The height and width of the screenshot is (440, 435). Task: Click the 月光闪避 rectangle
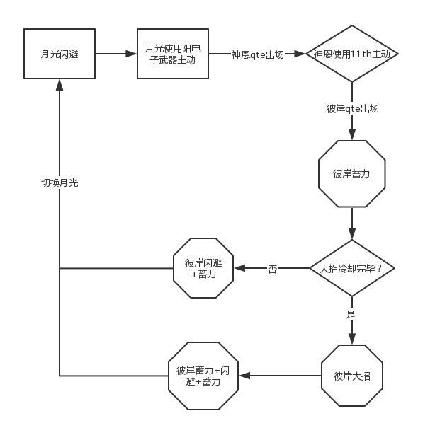(60, 54)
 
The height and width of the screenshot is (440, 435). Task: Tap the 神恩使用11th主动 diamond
(352, 54)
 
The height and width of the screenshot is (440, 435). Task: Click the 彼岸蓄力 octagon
(352, 174)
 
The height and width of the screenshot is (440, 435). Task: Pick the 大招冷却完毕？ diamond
(352, 268)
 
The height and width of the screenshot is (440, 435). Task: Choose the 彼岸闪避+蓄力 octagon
(203, 268)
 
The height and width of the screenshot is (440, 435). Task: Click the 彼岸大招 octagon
(352, 376)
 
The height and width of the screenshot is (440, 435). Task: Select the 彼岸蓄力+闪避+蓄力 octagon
(203, 376)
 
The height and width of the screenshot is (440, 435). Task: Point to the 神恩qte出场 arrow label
(257, 54)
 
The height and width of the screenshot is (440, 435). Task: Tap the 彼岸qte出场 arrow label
(352, 109)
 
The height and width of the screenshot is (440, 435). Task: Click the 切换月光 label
(60, 183)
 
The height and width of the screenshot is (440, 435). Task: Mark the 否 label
(273, 269)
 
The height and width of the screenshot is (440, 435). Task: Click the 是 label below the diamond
(351, 314)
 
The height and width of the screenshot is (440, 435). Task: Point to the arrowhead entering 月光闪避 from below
(60, 84)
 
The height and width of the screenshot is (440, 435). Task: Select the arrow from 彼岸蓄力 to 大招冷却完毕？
(352, 224)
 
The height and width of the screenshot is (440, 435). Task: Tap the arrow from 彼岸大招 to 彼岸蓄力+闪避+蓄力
(280, 376)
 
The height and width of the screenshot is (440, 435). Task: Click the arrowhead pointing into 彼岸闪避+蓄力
(239, 268)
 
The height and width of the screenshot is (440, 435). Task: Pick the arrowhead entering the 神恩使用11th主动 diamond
(300, 54)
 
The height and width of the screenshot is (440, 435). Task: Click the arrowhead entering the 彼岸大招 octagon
(352, 339)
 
